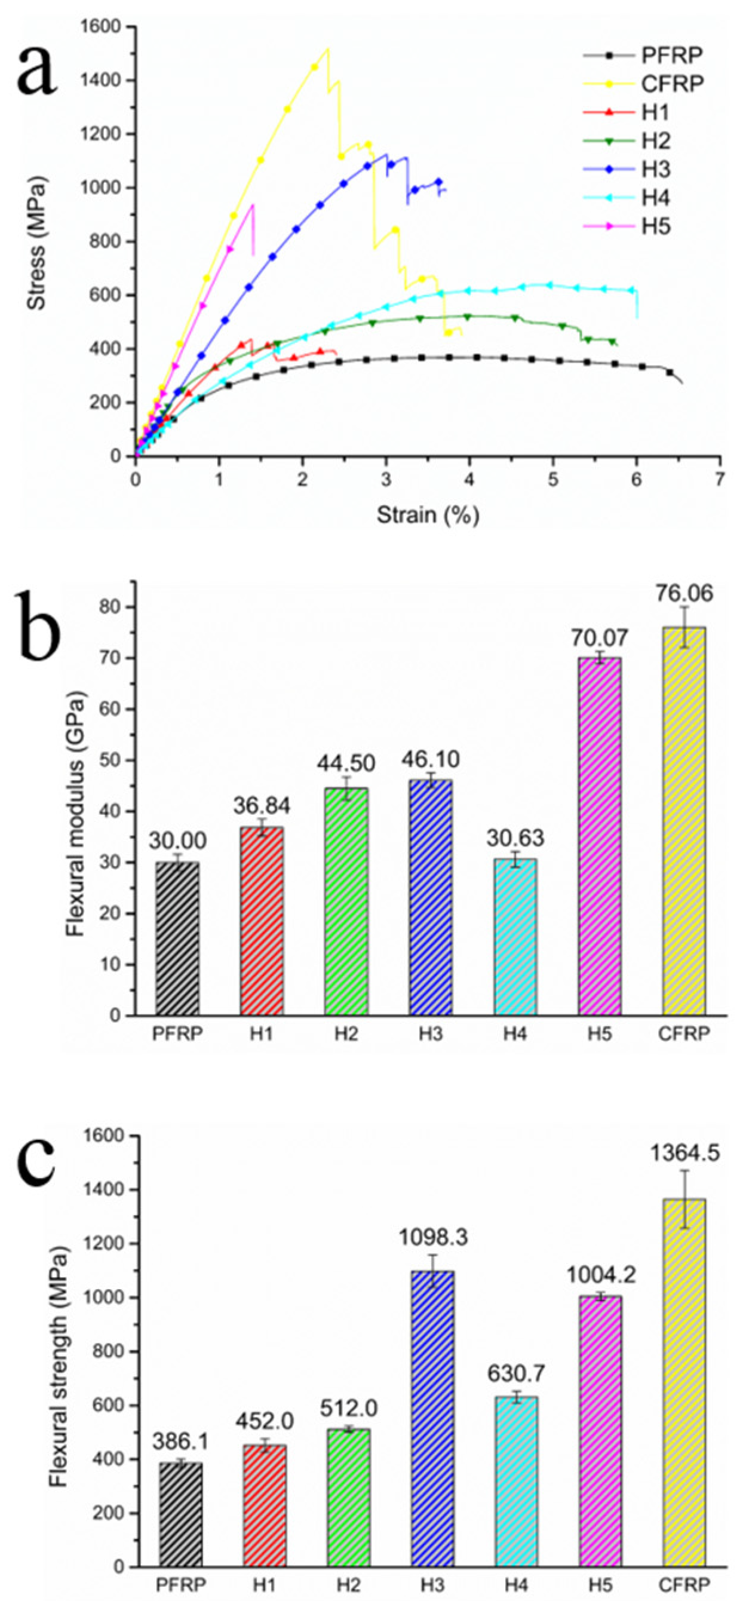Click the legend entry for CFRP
tap(672, 83)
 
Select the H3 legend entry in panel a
tap(656, 169)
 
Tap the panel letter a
tap(37, 68)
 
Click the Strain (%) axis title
tap(428, 515)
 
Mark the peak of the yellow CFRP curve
tap(327, 48)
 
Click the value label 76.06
tap(684, 593)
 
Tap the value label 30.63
tap(515, 838)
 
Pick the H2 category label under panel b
tap(346, 1033)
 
